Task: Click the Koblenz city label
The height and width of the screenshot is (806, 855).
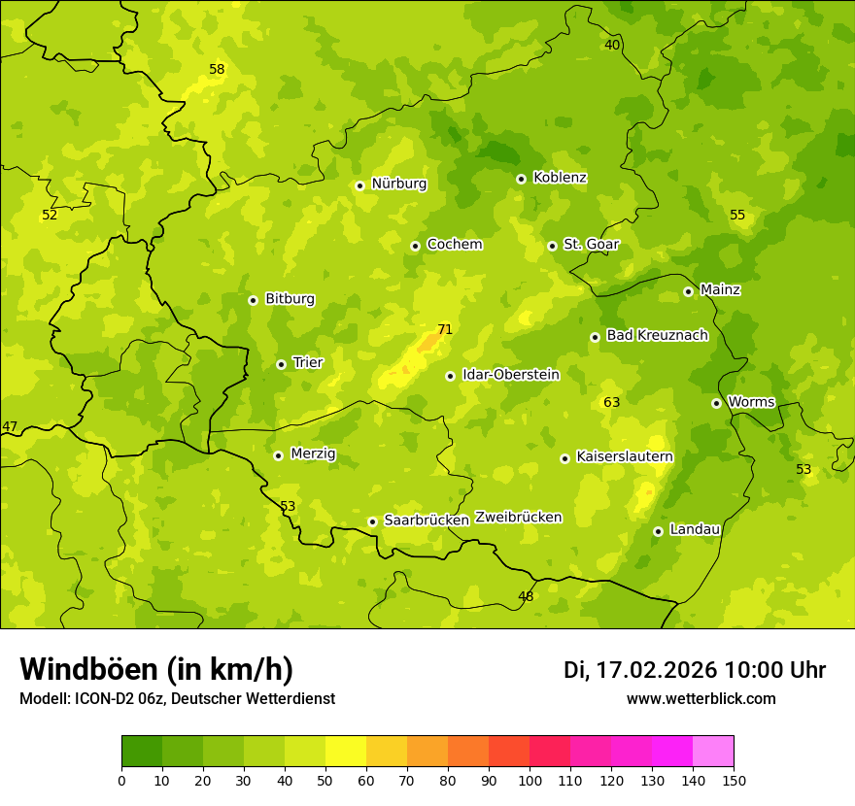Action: pyautogui.click(x=560, y=178)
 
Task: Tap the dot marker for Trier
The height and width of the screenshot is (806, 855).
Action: pyautogui.click(x=281, y=364)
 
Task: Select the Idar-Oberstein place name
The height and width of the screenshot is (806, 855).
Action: pyautogui.click(x=510, y=375)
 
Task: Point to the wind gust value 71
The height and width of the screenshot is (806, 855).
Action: pyautogui.click(x=445, y=329)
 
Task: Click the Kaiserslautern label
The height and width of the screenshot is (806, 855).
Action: pyautogui.click(x=625, y=456)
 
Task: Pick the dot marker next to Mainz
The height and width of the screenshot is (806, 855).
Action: pyautogui.click(x=688, y=291)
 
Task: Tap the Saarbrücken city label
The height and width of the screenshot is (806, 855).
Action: pyautogui.click(x=427, y=521)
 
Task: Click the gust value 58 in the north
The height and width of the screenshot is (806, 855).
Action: pyautogui.click(x=217, y=69)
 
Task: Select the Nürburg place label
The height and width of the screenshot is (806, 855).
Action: pyautogui.click(x=398, y=184)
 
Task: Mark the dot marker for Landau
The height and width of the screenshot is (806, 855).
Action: pyautogui.click(x=658, y=531)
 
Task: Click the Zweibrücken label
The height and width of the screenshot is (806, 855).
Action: pyautogui.click(x=518, y=518)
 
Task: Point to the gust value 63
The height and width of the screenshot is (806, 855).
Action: pyautogui.click(x=611, y=402)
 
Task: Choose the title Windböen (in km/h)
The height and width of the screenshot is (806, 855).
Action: pyautogui.click(x=156, y=669)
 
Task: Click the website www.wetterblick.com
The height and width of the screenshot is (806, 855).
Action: pyautogui.click(x=701, y=699)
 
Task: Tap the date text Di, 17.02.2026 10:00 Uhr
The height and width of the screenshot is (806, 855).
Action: pyautogui.click(x=695, y=670)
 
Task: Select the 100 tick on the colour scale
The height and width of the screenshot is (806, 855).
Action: pyautogui.click(x=530, y=780)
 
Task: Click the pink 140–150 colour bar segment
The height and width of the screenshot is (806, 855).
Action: pyautogui.click(x=713, y=752)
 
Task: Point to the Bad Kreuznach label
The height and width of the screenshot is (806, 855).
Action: pyautogui.click(x=657, y=335)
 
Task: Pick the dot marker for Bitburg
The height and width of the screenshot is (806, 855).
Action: pyautogui.click(x=253, y=300)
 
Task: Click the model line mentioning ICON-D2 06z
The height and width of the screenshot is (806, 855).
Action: pyautogui.click(x=177, y=699)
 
